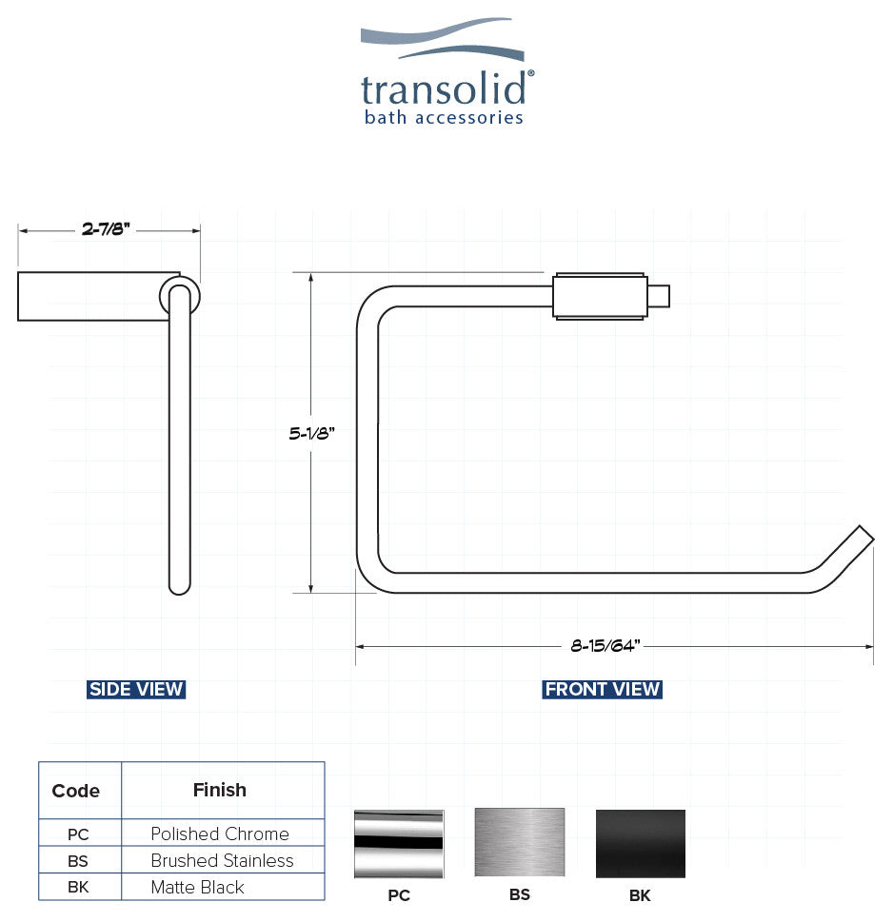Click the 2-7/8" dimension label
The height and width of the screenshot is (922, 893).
(x=106, y=229)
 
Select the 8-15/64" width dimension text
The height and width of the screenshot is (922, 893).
(x=605, y=646)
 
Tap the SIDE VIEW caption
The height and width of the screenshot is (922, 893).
(x=136, y=689)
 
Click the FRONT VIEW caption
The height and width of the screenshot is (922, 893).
(x=602, y=689)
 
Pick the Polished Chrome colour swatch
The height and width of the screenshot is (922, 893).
(x=399, y=843)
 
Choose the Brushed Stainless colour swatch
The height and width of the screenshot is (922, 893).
(x=520, y=843)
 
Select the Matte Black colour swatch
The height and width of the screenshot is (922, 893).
(x=640, y=843)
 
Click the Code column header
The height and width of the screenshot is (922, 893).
(x=76, y=791)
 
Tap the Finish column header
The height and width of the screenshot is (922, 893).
(x=220, y=790)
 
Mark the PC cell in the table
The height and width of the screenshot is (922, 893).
(x=78, y=834)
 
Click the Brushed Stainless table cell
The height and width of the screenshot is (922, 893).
(x=222, y=860)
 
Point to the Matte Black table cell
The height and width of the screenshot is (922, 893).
(x=198, y=887)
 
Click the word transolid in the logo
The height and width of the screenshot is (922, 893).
(x=444, y=89)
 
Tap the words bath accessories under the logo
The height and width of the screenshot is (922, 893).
(x=444, y=118)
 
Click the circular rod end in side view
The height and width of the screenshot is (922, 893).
(x=179, y=295)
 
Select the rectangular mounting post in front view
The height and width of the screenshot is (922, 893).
(x=602, y=296)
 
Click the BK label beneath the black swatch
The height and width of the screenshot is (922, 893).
(x=640, y=895)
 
